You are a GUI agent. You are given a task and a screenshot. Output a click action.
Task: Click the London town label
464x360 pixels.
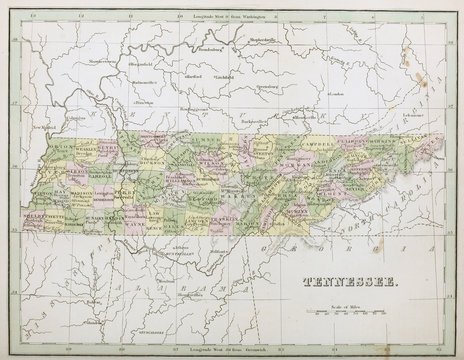[334, 94]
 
